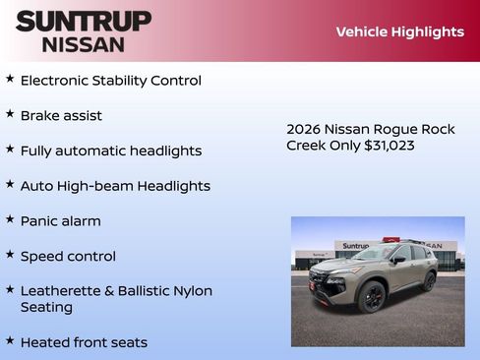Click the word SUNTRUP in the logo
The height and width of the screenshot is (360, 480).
(x=83, y=21)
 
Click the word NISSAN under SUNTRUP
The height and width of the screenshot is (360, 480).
(x=83, y=44)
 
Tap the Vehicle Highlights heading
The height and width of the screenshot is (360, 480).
(x=399, y=31)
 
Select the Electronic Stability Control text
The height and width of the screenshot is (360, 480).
(x=110, y=81)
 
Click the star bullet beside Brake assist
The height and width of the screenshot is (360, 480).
(x=10, y=114)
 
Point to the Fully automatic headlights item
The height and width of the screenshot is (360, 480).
(x=110, y=150)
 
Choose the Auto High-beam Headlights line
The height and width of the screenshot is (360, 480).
(x=115, y=186)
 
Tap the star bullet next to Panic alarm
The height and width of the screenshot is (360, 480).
(x=10, y=219)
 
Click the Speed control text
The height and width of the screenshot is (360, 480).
(x=68, y=256)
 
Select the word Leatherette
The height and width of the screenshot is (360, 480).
(x=62, y=291)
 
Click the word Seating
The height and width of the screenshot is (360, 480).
(x=46, y=307)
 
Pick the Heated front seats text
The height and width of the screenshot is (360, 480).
(x=84, y=342)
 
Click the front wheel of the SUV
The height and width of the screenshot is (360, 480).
(x=372, y=297)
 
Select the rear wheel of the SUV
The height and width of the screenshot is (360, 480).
(x=430, y=281)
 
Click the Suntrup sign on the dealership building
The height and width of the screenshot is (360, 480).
(x=355, y=246)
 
